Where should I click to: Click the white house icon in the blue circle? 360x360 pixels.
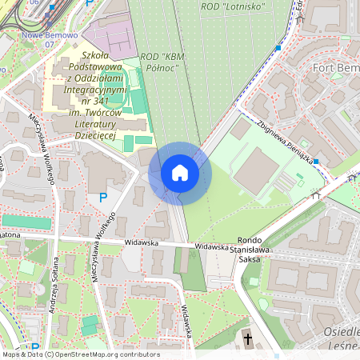(x=180, y=172)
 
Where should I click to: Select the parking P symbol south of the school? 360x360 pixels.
(x=102, y=198)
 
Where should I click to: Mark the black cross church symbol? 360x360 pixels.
(x=248, y=339)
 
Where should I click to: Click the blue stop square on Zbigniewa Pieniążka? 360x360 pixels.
(x=316, y=162)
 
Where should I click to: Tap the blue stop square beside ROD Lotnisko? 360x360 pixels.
(x=278, y=48)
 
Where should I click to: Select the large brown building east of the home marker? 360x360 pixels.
(x=258, y=170)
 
